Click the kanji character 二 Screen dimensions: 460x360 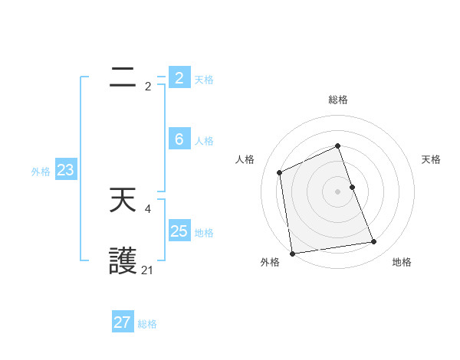click(x=123, y=77)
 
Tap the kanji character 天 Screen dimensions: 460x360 click(x=123, y=201)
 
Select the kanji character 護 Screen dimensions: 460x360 click(x=123, y=263)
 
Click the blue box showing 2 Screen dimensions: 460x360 click(x=179, y=77)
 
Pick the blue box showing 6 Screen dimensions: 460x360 click(x=179, y=139)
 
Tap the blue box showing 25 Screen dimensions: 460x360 click(x=179, y=231)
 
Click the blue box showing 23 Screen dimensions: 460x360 click(x=65, y=170)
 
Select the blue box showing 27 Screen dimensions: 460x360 click(x=123, y=322)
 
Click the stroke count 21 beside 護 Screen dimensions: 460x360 click(x=147, y=270)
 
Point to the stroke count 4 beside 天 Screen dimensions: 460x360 click(x=147, y=208)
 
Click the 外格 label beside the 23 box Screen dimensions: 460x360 click(x=41, y=172)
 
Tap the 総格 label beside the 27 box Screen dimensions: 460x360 click(x=147, y=324)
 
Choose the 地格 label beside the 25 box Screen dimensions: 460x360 click(x=204, y=233)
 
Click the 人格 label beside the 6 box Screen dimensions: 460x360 click(x=204, y=141)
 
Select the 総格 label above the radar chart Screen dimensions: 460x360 click(x=338, y=100)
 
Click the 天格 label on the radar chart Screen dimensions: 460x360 click(x=431, y=159)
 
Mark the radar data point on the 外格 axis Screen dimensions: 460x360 click(x=292, y=254)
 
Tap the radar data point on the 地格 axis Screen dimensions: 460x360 click(x=374, y=242)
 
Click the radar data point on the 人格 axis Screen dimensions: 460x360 click(x=280, y=172)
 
